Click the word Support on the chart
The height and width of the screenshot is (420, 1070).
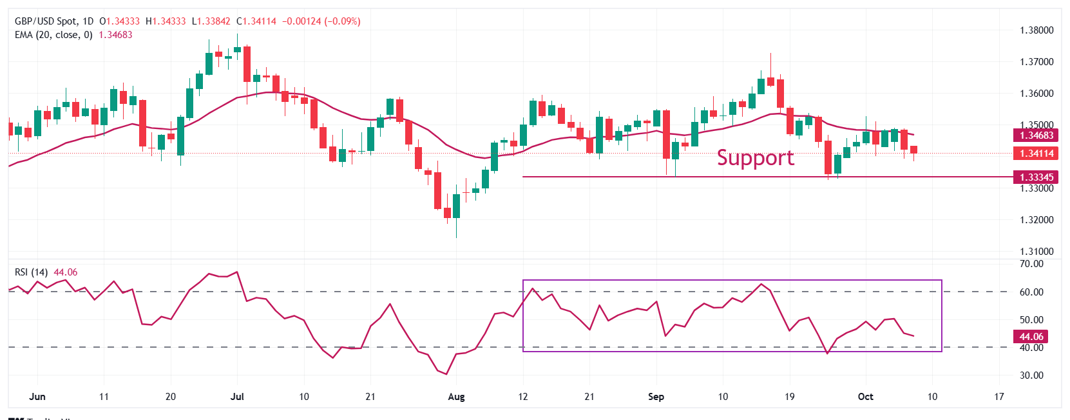coord(755,158)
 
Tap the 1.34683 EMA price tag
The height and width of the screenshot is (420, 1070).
coord(1037,135)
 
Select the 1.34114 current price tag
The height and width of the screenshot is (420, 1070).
coord(1037,154)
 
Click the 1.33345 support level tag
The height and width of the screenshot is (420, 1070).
coord(1037,177)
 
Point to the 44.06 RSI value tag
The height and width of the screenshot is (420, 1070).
coord(1031,336)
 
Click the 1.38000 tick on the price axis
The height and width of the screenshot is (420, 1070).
coord(1037,30)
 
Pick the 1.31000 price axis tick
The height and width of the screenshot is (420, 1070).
coord(1037,252)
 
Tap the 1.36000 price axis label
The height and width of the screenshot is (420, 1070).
coord(1037,94)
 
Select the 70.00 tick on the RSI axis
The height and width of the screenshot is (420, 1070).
coord(1031,264)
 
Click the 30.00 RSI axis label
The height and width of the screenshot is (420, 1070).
coord(1031,375)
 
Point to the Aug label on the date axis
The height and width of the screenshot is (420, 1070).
coord(456,397)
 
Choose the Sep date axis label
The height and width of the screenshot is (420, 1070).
coord(656,397)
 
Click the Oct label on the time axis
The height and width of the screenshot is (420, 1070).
coord(865,397)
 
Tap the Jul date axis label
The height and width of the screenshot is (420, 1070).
coord(237,397)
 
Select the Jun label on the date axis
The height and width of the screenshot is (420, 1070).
coord(37,397)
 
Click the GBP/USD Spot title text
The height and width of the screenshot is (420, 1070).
coord(45,21)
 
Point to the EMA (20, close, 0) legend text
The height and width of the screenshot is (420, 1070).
coord(53,35)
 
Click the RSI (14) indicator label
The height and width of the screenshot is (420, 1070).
coord(31,272)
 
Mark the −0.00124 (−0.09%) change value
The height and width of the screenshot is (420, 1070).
coord(321,21)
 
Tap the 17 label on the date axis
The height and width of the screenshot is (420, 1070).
coord(998,397)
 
